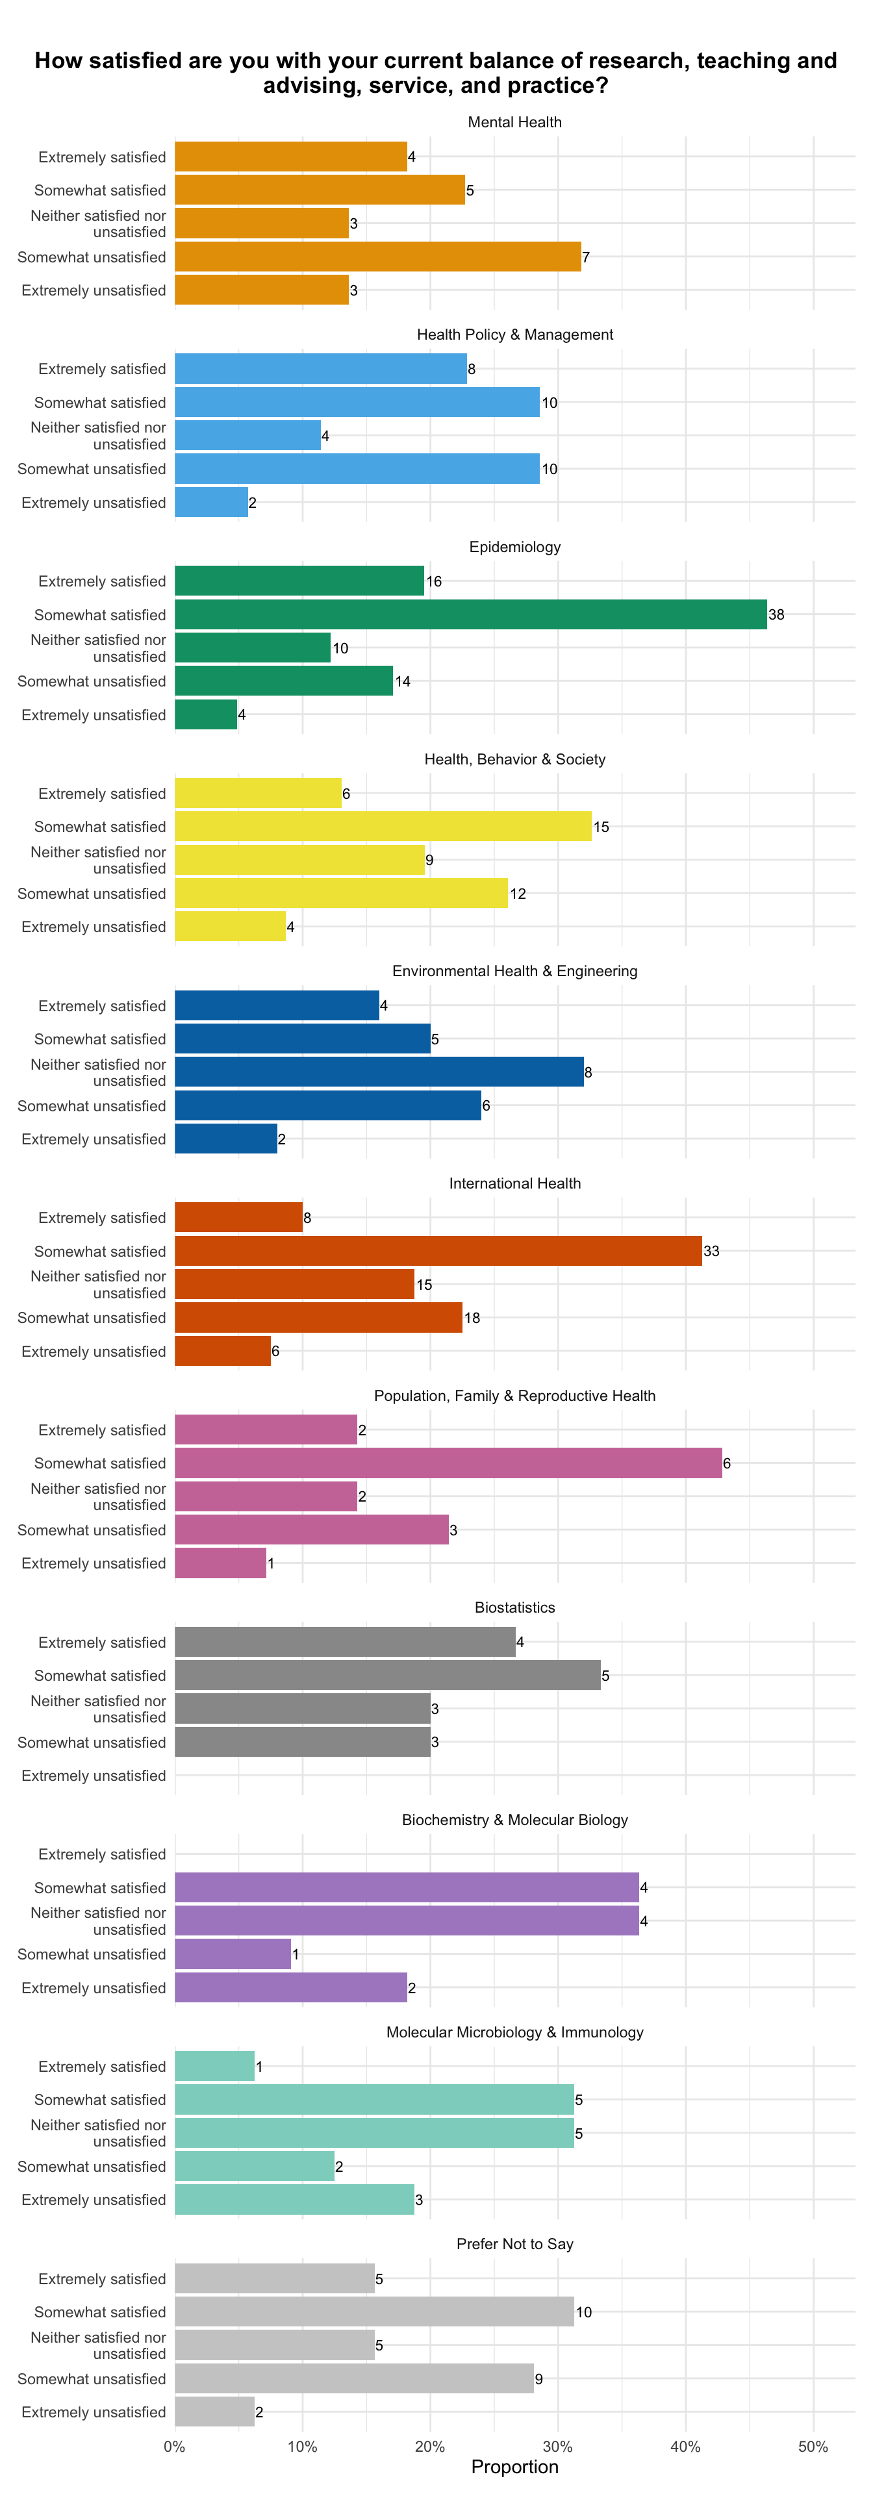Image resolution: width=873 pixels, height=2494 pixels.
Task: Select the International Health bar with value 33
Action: [x=438, y=1251]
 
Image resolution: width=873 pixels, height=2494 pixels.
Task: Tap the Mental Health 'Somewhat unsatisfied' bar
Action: [x=377, y=257]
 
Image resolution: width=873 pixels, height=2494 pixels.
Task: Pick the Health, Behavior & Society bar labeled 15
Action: [x=383, y=827]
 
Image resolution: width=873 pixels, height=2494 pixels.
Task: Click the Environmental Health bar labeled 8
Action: [x=379, y=1072]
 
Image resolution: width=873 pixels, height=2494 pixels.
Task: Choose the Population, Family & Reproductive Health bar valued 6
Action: [x=448, y=1463]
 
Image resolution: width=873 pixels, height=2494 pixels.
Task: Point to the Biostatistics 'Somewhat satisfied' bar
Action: [x=387, y=1675]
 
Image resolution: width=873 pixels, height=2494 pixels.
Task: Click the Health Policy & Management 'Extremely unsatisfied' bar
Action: [x=211, y=503]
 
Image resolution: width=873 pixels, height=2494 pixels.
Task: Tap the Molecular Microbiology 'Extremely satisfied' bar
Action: [x=215, y=2066]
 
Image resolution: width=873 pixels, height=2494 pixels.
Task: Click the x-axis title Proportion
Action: [x=515, y=2467]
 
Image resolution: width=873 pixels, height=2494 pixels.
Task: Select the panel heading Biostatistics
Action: [x=515, y=1607]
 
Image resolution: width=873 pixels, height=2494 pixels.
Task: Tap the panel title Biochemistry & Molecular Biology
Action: [x=515, y=1819]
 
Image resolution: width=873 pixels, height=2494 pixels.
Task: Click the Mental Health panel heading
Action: [x=515, y=122]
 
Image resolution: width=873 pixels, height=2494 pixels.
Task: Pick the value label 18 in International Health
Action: [x=472, y=1318]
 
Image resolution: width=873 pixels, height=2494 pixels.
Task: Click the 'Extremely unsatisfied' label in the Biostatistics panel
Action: [x=94, y=1776]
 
